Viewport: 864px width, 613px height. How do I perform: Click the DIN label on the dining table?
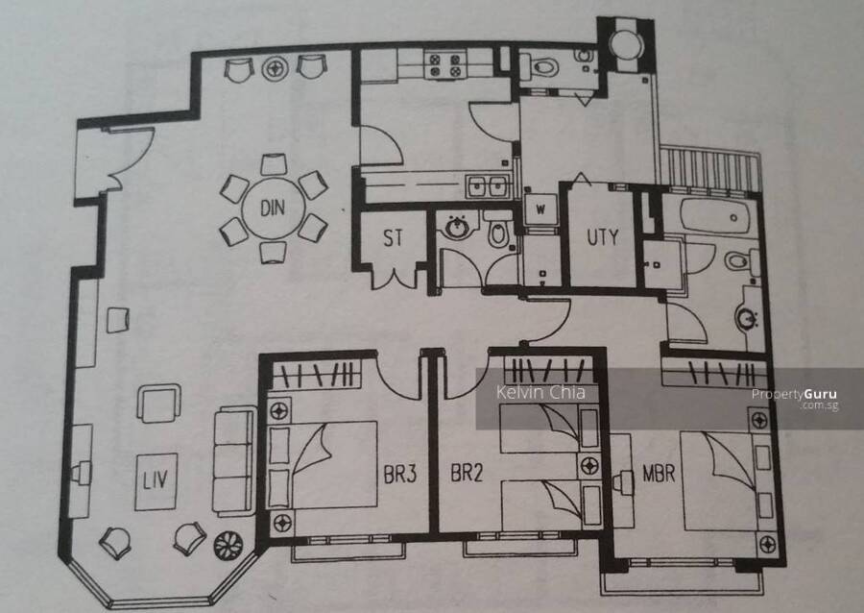(x=273, y=208)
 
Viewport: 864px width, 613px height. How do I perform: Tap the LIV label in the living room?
(x=155, y=479)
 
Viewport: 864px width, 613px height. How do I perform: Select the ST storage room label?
(x=393, y=237)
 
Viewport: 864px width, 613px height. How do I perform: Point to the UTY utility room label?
(x=602, y=237)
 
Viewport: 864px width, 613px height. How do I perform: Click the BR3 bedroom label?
(x=400, y=474)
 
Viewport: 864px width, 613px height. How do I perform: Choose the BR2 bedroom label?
(x=467, y=473)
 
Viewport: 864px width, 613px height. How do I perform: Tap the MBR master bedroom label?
(x=659, y=473)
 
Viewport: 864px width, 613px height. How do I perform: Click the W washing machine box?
(x=540, y=208)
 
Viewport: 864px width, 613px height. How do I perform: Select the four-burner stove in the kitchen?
(x=445, y=64)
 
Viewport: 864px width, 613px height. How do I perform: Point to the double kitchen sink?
(x=489, y=185)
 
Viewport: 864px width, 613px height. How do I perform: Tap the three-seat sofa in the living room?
(x=233, y=461)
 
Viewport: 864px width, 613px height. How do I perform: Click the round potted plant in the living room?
(x=228, y=546)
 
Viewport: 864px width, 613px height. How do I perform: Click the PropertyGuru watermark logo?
(x=795, y=398)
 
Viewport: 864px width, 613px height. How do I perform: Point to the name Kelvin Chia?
(x=540, y=392)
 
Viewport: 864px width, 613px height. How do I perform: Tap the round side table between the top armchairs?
(x=275, y=68)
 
